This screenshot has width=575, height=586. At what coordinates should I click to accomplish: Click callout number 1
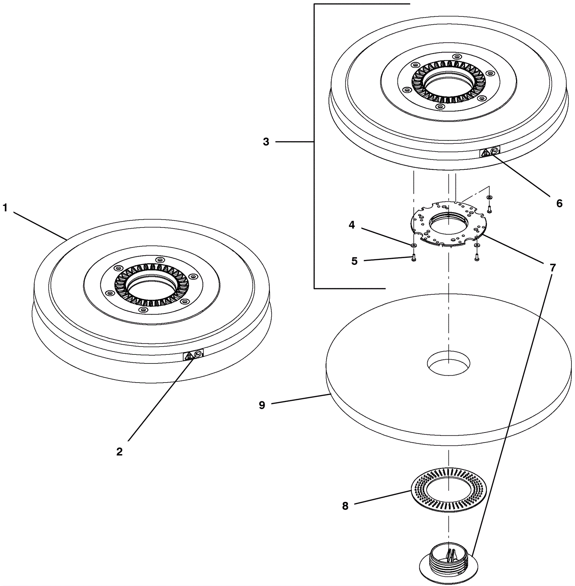(x=5, y=208)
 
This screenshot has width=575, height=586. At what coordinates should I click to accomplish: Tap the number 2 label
(x=119, y=452)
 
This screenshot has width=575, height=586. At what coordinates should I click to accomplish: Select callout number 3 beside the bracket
(x=266, y=142)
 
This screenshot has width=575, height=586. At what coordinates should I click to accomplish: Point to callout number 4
(x=351, y=225)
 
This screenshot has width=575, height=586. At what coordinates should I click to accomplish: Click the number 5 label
(x=354, y=261)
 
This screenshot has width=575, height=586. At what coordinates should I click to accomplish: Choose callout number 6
(x=559, y=203)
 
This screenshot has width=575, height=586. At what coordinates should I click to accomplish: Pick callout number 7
(x=552, y=267)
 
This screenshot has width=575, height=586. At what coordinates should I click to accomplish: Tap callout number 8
(x=345, y=506)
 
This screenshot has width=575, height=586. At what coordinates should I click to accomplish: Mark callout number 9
(x=262, y=405)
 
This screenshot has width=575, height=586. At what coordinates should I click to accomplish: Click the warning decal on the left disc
(x=193, y=355)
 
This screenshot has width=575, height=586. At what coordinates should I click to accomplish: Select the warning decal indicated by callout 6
(x=490, y=152)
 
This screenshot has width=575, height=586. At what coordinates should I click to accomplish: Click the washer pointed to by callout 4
(x=414, y=245)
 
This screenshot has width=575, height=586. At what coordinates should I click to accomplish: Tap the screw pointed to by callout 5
(x=413, y=258)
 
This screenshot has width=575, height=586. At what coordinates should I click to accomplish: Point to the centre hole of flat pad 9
(x=448, y=364)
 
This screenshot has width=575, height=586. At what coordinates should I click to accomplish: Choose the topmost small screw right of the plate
(x=489, y=208)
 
